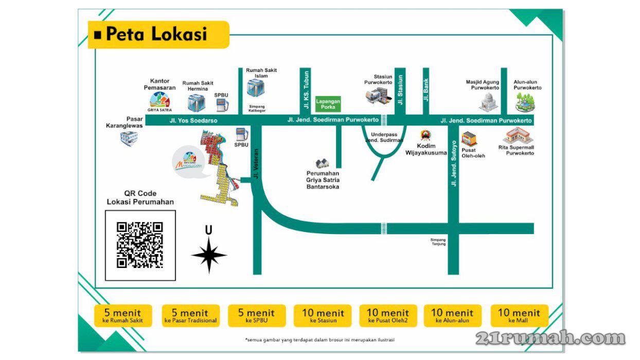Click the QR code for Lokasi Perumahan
point(140,245)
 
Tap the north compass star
point(209,255)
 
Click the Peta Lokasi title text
point(156,34)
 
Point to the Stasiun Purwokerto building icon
point(378,96)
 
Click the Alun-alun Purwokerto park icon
point(525,101)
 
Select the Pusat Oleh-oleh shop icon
point(469,138)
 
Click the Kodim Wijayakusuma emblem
point(426,135)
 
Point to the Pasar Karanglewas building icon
point(129,138)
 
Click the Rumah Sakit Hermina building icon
point(196,102)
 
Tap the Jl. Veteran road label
point(256,163)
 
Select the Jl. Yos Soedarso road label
point(193,120)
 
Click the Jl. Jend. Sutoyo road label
point(453,163)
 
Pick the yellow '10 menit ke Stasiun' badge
point(323,315)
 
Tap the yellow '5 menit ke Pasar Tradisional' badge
point(190,315)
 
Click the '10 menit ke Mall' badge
point(519,315)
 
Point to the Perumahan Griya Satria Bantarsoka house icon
point(323,164)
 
